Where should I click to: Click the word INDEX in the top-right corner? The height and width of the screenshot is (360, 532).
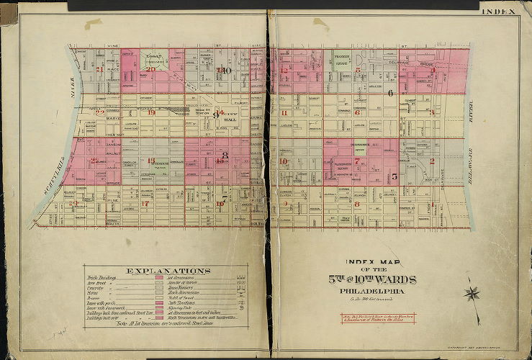click(498, 12)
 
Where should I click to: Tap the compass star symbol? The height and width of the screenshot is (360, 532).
click(472, 294)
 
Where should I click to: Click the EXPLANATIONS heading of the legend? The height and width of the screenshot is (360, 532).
click(168, 271)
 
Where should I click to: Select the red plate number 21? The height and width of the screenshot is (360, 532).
click(100, 70)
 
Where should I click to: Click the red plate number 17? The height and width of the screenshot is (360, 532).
click(145, 204)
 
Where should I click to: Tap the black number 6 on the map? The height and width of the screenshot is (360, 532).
click(389, 93)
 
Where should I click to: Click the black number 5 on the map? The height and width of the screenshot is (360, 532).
click(394, 176)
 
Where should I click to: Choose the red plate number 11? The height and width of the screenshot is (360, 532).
click(285, 113)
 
